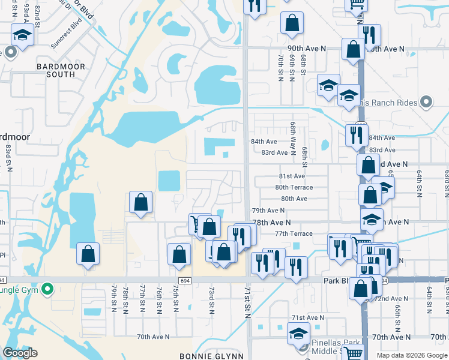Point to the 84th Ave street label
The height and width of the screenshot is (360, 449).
[264, 142]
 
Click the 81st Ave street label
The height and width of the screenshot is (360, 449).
[292, 176]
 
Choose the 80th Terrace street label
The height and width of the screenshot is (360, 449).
[294, 187]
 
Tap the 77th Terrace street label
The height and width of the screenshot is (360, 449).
[294, 233]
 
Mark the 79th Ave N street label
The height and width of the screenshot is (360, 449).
[268, 211]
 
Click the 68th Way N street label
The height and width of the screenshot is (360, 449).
[293, 139]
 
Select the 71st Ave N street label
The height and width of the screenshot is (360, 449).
[307, 317]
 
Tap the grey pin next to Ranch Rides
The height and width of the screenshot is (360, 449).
[426, 103]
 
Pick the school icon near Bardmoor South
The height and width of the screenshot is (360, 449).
[22, 35]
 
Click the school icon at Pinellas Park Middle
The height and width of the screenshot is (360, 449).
[298, 333]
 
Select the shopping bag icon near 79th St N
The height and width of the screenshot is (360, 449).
[88, 254]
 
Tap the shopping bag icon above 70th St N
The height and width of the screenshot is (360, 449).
[292, 23]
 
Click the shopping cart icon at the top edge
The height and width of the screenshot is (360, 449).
[357, 5]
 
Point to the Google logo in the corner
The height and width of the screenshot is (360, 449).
[20, 353]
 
